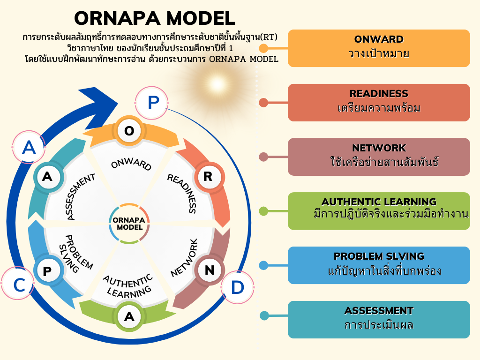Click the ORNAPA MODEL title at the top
155,18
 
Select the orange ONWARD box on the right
379,48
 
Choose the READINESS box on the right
379,102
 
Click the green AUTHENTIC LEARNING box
379,210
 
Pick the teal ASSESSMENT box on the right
379,319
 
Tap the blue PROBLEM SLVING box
379,265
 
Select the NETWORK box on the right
379,157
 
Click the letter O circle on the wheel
129,131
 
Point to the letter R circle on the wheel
207,177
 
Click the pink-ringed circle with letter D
237,287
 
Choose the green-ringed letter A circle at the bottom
129,317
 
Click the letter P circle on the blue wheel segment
47,271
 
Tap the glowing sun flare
217,85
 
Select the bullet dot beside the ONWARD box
263,48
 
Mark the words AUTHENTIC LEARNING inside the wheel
128,285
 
